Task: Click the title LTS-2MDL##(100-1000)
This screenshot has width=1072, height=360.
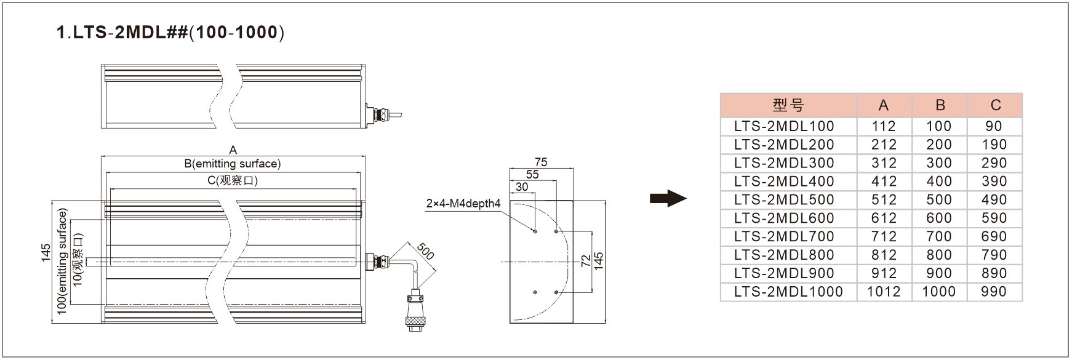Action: [170, 33]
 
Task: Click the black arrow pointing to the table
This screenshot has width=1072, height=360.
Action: [668, 198]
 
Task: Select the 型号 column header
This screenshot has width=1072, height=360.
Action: [788, 105]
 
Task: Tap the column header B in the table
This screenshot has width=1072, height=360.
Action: [940, 105]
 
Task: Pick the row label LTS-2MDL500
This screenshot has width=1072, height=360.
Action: [784, 200]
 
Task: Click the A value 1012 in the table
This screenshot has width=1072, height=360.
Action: [883, 292]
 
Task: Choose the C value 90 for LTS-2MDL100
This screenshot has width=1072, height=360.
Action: [993, 126]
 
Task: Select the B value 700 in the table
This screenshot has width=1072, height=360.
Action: [939, 236]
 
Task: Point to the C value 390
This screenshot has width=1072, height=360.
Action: [994, 182]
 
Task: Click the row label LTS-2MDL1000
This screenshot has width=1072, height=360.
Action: [788, 292]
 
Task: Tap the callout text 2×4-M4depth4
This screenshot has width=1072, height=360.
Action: [463, 204]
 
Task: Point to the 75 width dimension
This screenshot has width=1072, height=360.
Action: [541, 162]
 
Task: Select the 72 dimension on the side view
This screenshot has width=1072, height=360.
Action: [586, 261]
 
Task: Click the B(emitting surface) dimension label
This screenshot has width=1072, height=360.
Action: [233, 164]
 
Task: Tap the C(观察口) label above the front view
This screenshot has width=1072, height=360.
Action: [233, 180]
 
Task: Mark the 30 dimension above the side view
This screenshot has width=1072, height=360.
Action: [521, 187]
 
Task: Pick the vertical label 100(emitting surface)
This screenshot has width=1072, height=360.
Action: [62, 262]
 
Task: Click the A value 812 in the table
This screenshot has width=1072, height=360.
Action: [883, 255]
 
